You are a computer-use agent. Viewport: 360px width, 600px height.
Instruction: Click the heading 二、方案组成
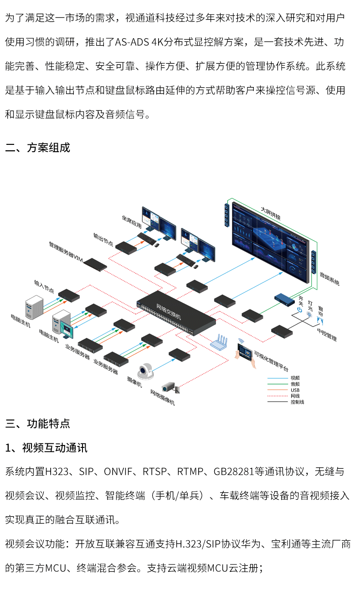pos(38,148)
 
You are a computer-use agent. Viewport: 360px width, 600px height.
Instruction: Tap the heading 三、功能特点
pos(38,423)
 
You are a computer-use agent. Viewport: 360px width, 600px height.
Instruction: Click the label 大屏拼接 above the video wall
pos(270,213)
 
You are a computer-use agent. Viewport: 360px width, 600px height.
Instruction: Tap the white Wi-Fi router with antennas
pos(222,341)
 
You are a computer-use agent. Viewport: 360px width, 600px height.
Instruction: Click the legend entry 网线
pos(294,396)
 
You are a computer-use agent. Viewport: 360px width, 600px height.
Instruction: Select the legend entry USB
pos(295,390)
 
